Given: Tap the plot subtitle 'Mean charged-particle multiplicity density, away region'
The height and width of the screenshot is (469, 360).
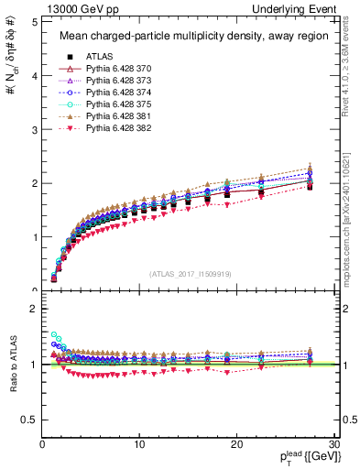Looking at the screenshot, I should pos(190,37).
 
